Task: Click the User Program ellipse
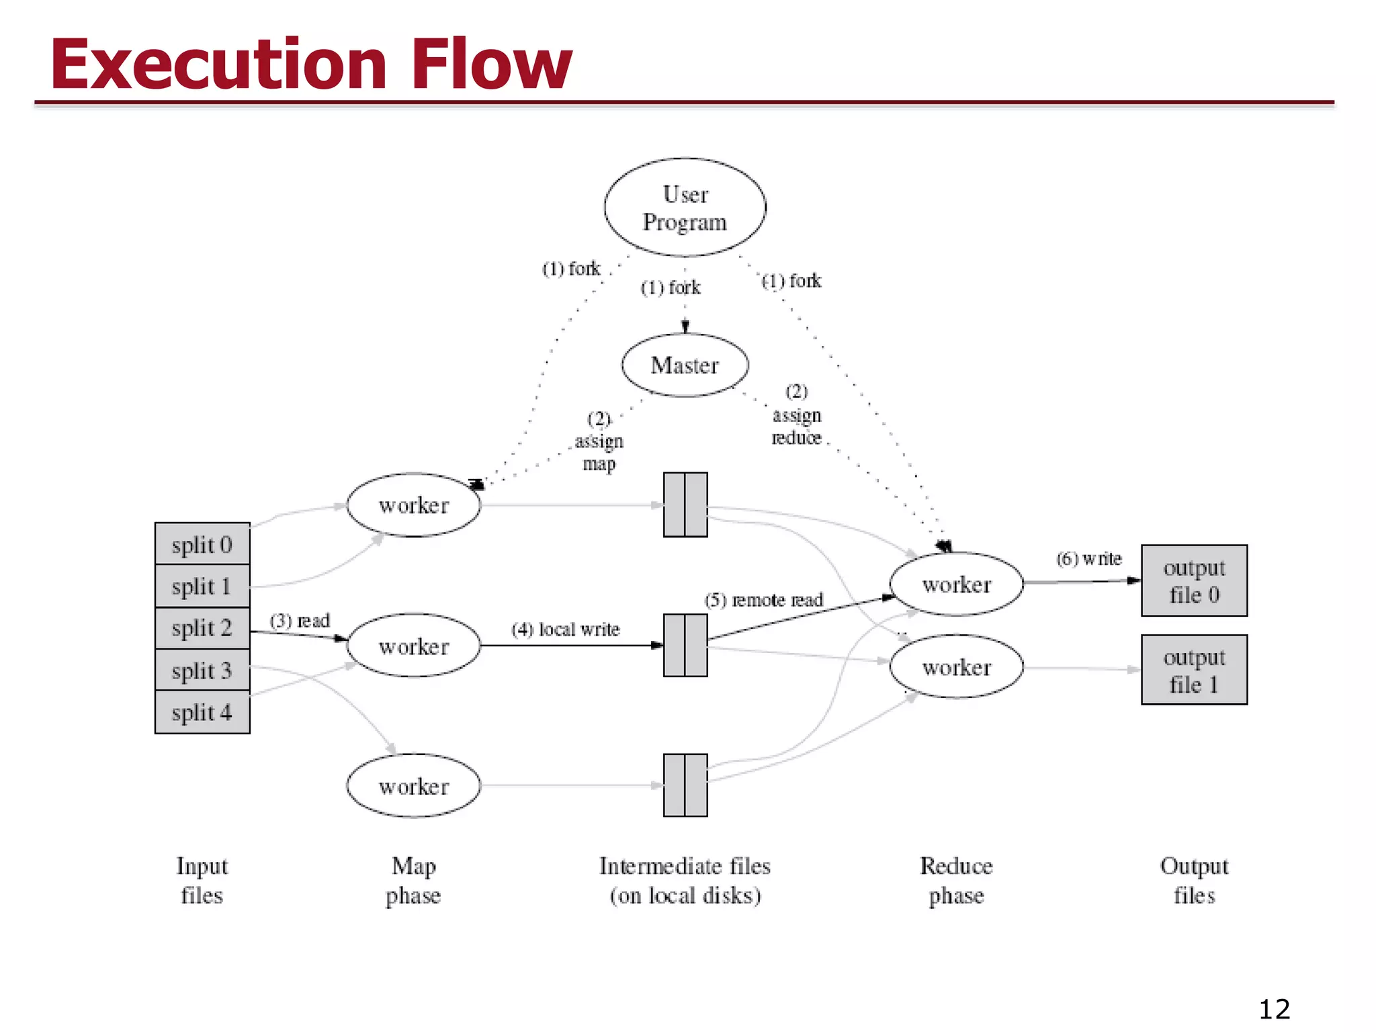[685, 208]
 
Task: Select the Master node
[685, 365]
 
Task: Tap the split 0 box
[202, 544]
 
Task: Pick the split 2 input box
[202, 628]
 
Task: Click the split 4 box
[202, 712]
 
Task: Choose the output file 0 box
[1194, 581]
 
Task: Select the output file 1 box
[1194, 670]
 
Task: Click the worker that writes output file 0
[956, 585]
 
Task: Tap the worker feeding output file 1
[956, 667]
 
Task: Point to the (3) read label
[300, 620]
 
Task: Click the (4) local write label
[565, 630]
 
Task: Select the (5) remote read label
[763, 599]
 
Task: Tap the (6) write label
[1088, 558]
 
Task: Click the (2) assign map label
[599, 441]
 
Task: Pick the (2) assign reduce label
[797, 415]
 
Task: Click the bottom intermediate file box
[685, 785]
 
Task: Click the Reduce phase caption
[956, 880]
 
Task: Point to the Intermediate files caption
[685, 880]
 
